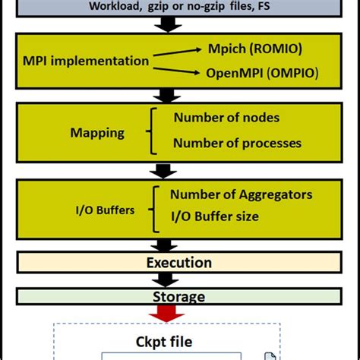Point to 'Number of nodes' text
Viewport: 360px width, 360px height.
[x=226, y=117]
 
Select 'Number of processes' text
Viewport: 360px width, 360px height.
[x=237, y=143]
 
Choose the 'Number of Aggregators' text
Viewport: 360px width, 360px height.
[x=241, y=194]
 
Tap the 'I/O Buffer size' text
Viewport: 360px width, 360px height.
[x=214, y=216]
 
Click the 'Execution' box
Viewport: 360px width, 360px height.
[x=179, y=263]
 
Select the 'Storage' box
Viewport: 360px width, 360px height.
[x=179, y=297]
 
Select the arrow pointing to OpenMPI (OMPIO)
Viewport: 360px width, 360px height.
[x=178, y=69]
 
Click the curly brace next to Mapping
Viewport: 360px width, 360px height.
[x=156, y=130]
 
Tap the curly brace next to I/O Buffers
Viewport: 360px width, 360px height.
[x=155, y=206]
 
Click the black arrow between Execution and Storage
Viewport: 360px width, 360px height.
[x=166, y=279]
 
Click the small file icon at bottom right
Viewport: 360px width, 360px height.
[x=270, y=355]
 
